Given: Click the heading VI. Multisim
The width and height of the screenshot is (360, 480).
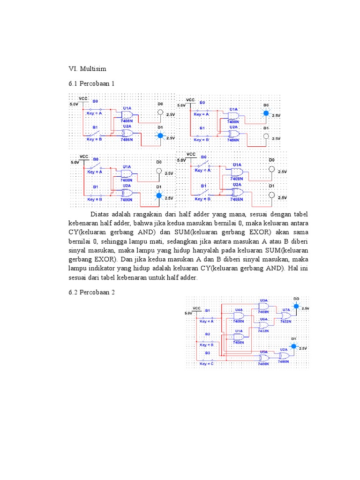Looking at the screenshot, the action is [87, 68].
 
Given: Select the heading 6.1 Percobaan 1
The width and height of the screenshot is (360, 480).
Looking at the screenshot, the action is [91, 83].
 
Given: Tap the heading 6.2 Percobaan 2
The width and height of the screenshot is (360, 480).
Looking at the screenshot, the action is [91, 292].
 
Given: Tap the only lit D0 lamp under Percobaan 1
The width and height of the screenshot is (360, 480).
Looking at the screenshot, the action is [266, 113].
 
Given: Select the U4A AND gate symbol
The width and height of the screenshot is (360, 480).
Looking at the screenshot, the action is [239, 316].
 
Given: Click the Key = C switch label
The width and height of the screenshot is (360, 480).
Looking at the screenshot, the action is [207, 364].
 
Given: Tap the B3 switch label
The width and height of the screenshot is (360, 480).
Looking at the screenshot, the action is [207, 353].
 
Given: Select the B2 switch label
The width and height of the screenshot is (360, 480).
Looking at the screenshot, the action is [207, 334].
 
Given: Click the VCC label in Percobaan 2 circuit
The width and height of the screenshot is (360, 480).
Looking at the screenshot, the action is [197, 308].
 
